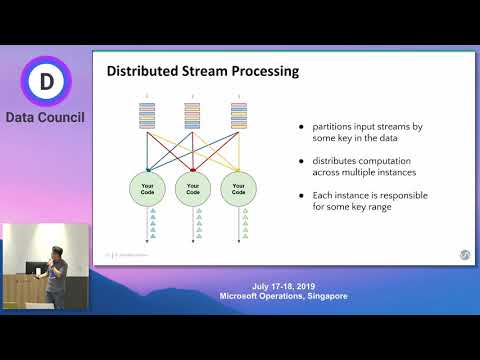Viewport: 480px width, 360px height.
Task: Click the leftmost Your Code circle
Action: point(148,187)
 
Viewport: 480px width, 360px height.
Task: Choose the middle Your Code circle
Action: point(193,187)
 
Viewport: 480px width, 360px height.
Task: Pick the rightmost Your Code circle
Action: point(238,187)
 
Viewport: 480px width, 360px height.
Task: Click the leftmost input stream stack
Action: point(148,117)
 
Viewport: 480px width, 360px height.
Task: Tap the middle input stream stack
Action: point(193,117)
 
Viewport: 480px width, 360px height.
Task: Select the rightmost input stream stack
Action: point(238,117)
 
